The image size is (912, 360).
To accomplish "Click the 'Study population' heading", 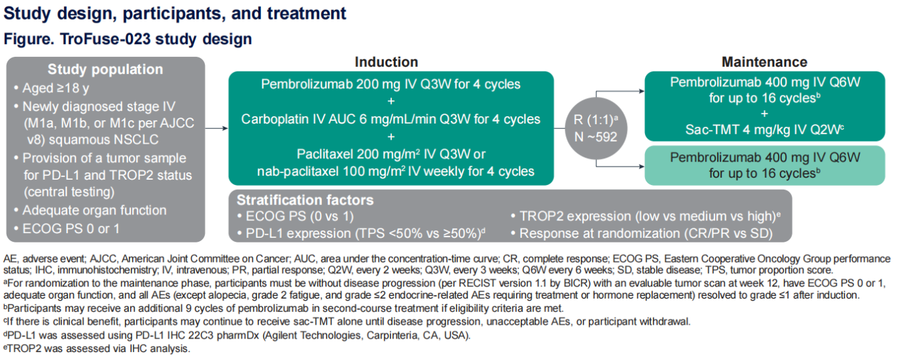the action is coord(105,69).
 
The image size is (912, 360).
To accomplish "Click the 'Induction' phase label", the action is coord(387,62).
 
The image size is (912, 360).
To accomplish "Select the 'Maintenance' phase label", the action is coord(764,62).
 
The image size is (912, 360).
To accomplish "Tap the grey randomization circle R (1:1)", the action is coord(596,128).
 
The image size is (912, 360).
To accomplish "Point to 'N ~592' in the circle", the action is coord(596,137).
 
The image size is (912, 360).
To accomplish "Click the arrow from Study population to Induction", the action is coord(216,128).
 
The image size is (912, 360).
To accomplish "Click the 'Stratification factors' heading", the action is coord(305,200).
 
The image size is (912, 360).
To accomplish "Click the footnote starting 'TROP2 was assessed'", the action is coord(97,349).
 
